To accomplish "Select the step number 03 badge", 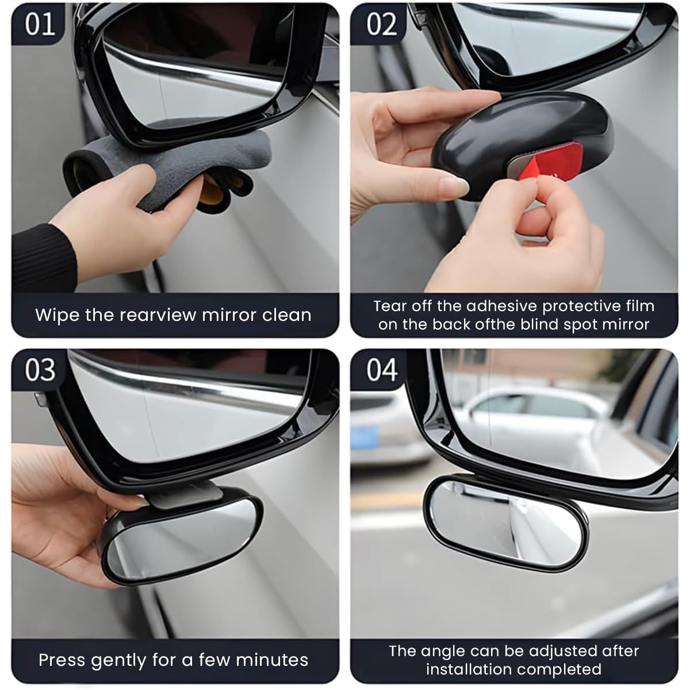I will click(40, 370).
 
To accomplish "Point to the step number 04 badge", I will click(382, 370).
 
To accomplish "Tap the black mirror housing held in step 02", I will click(517, 138).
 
